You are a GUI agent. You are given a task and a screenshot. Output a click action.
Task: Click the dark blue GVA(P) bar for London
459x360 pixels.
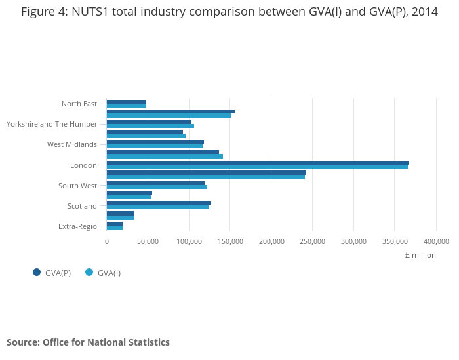[x=258, y=163]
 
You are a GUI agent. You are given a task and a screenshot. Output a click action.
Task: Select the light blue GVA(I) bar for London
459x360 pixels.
[x=257, y=167]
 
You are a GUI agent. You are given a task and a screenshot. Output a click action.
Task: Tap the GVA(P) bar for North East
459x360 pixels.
[x=127, y=102]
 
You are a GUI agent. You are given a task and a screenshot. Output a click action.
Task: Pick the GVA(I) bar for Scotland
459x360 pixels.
[x=157, y=207]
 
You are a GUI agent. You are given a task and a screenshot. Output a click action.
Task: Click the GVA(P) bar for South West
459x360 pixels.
[x=155, y=183]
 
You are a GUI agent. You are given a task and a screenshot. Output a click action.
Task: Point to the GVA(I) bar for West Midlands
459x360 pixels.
[x=155, y=146]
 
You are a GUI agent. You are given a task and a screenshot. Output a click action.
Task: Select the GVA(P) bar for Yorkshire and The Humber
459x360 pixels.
[x=149, y=122]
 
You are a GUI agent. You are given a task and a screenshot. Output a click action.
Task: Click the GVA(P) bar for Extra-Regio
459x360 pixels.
[x=115, y=224]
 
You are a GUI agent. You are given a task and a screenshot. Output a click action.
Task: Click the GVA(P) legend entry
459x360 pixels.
[x=52, y=273]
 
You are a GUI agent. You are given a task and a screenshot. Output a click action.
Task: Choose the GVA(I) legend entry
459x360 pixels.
[x=104, y=273]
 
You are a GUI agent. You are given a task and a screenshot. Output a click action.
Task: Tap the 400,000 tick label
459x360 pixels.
[x=436, y=241]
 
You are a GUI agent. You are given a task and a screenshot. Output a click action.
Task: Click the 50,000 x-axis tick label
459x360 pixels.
[x=148, y=241]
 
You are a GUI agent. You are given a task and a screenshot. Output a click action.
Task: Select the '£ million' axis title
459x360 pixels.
[x=420, y=255]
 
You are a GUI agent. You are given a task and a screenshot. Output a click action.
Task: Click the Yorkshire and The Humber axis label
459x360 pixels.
[x=52, y=124]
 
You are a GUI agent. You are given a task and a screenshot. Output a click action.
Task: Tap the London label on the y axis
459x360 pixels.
[x=83, y=165]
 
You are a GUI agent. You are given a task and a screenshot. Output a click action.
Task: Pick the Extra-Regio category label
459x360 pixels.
[x=77, y=226]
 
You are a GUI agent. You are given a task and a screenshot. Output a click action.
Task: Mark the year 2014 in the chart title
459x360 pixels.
[x=422, y=11]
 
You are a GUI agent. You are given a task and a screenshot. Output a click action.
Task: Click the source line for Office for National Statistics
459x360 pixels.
[x=88, y=342]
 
